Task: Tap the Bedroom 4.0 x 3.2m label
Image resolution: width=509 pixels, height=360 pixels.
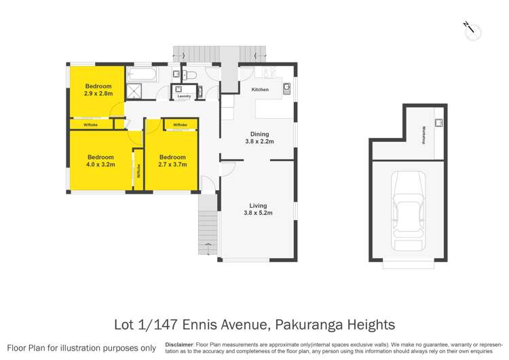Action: pyautogui.click(x=100, y=161)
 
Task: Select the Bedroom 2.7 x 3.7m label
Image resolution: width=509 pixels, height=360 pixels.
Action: pyautogui.click(x=172, y=161)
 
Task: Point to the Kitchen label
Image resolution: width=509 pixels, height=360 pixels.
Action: pyautogui.click(x=260, y=90)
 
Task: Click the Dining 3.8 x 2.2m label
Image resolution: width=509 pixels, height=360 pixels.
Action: pyautogui.click(x=259, y=138)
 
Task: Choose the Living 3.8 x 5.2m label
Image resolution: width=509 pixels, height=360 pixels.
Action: pyautogui.click(x=258, y=209)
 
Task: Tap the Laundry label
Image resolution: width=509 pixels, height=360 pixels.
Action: pyautogui.click(x=184, y=96)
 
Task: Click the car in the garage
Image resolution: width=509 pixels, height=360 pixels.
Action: pyautogui.click(x=409, y=211)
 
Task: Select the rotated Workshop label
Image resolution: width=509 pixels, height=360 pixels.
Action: pyautogui.click(x=423, y=134)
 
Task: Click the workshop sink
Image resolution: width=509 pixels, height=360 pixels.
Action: pyautogui.click(x=438, y=123)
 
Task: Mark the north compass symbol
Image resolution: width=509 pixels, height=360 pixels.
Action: pyautogui.click(x=472, y=30)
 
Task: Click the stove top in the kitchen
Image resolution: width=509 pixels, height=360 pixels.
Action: pyautogui.click(x=267, y=73)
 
